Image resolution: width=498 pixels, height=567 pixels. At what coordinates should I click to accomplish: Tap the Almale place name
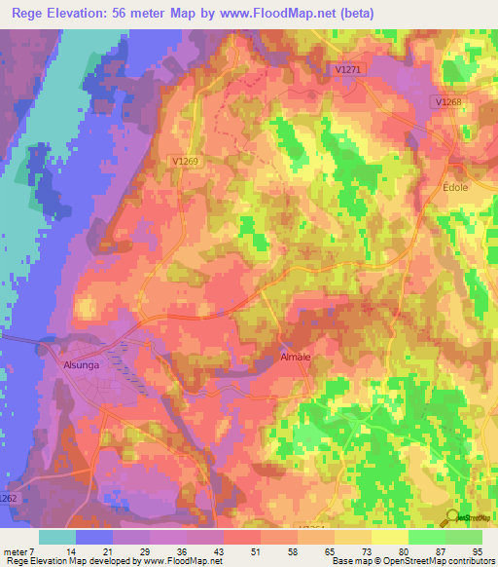click(295, 358)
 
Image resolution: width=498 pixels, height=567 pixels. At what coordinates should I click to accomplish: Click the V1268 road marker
click(448, 101)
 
